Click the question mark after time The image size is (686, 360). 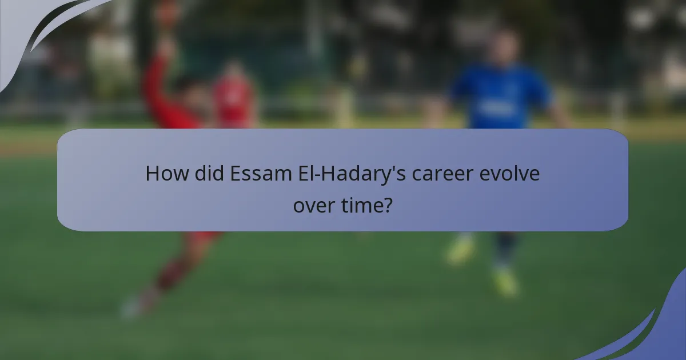click(x=388, y=204)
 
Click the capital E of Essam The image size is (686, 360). click(x=235, y=173)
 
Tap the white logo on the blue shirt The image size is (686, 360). click(x=492, y=107)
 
